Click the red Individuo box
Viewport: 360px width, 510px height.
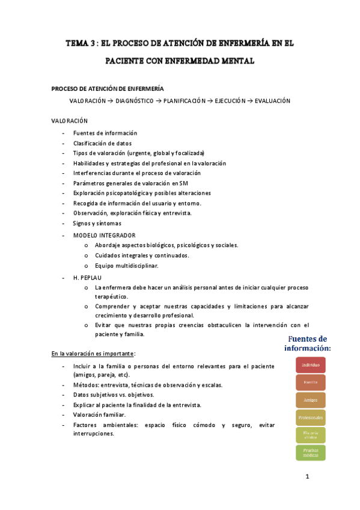311,365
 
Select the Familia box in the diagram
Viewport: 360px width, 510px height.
311,382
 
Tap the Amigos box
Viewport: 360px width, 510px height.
311,400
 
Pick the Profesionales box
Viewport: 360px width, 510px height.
311,417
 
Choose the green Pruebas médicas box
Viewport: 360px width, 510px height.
311,452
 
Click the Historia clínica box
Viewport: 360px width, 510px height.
311,435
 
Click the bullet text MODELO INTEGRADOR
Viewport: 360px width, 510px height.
104,235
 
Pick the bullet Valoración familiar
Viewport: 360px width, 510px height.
99,415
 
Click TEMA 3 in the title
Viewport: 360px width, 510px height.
80,44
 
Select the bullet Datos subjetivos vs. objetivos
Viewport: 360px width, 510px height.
114,395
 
